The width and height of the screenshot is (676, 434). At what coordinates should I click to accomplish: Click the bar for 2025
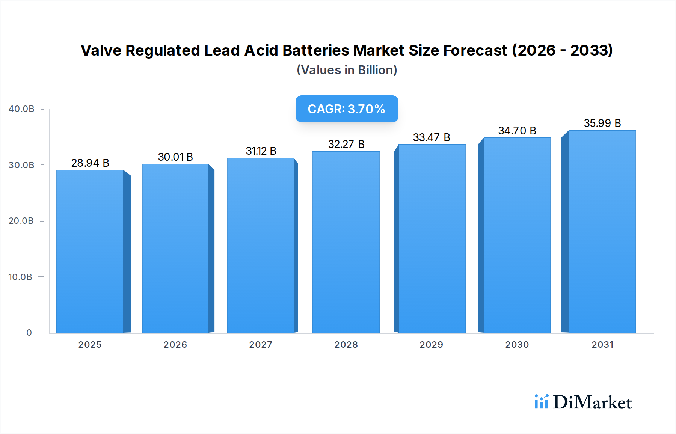(x=90, y=252)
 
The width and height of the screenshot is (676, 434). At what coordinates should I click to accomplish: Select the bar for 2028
(x=346, y=242)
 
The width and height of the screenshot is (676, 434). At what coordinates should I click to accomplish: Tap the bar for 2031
(x=602, y=232)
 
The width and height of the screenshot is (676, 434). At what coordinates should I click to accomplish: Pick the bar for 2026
(x=175, y=249)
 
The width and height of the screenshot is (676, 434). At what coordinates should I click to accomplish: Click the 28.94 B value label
(x=90, y=163)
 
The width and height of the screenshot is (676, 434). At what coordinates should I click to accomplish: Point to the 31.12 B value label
(x=261, y=151)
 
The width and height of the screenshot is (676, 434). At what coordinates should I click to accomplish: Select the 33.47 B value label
(x=432, y=137)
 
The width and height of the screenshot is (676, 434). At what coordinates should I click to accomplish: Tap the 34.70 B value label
(x=517, y=131)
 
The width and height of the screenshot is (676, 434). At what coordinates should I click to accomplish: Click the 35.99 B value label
(x=602, y=123)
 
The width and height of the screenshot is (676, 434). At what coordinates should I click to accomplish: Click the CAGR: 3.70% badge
(x=347, y=109)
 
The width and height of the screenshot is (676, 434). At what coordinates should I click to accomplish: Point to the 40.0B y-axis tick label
(x=21, y=109)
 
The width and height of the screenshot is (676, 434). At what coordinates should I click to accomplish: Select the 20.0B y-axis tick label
(x=21, y=221)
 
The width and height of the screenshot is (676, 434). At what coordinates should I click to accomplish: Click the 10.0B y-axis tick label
(x=20, y=277)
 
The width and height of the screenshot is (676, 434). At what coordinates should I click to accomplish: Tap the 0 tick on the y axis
(x=29, y=333)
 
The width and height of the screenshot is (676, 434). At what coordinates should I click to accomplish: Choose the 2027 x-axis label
(x=261, y=345)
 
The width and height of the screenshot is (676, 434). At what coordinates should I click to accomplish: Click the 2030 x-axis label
(x=517, y=345)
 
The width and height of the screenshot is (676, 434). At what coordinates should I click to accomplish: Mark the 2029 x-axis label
(x=432, y=345)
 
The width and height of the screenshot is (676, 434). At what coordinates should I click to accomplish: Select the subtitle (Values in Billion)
(x=347, y=70)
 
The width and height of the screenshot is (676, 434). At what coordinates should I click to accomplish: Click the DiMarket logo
(x=583, y=402)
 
